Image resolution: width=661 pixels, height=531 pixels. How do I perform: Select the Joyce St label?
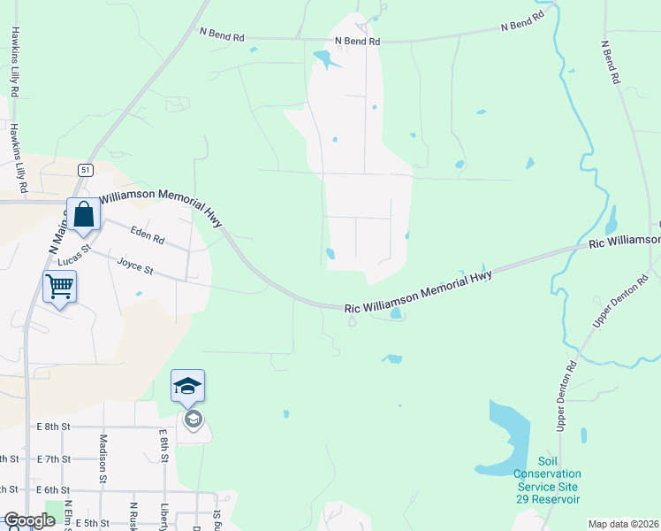tap(135, 267)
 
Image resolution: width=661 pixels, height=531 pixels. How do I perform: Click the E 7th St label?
tap(54, 458)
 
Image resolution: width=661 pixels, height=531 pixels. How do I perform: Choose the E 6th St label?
tap(54, 490)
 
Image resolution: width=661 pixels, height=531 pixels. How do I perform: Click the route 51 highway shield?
tap(85, 170)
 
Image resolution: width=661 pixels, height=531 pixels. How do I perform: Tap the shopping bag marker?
tap(83, 214)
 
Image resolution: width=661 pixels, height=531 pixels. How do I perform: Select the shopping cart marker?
tap(59, 286)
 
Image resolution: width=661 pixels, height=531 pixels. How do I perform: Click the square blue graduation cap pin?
tap(187, 386)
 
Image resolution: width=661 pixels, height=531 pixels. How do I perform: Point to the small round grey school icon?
tap(193, 419)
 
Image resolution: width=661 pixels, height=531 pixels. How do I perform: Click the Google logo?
tap(29, 520)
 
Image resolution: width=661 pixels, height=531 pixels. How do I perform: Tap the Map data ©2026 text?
tap(622, 524)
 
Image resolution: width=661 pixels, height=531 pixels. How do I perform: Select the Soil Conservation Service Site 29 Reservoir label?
tap(547, 481)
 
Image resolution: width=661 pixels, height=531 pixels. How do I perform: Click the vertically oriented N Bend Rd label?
tap(611, 62)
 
